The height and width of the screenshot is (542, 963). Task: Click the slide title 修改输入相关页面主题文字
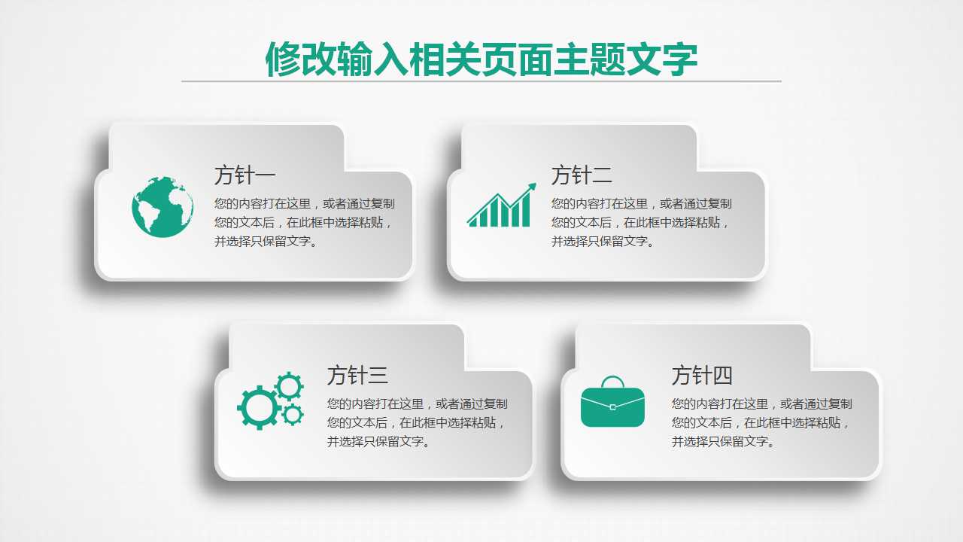(481, 59)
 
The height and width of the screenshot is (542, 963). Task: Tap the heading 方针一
(245, 175)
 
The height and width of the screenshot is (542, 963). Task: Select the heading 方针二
(582, 175)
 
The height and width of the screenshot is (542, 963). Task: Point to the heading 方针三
(357, 375)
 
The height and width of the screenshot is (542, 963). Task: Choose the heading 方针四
(702, 375)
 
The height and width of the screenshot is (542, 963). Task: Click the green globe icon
(163, 207)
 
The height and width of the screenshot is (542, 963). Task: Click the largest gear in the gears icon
(258, 407)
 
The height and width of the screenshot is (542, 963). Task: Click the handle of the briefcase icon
(612, 382)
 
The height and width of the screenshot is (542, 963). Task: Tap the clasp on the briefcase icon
(612, 407)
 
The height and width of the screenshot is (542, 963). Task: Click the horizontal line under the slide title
(481, 81)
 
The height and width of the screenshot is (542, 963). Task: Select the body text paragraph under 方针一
(304, 222)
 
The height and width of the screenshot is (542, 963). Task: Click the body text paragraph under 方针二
(641, 222)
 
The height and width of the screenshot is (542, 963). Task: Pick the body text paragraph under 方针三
(417, 422)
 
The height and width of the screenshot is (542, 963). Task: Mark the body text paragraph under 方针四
(761, 422)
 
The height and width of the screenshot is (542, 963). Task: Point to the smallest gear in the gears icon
(293, 414)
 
